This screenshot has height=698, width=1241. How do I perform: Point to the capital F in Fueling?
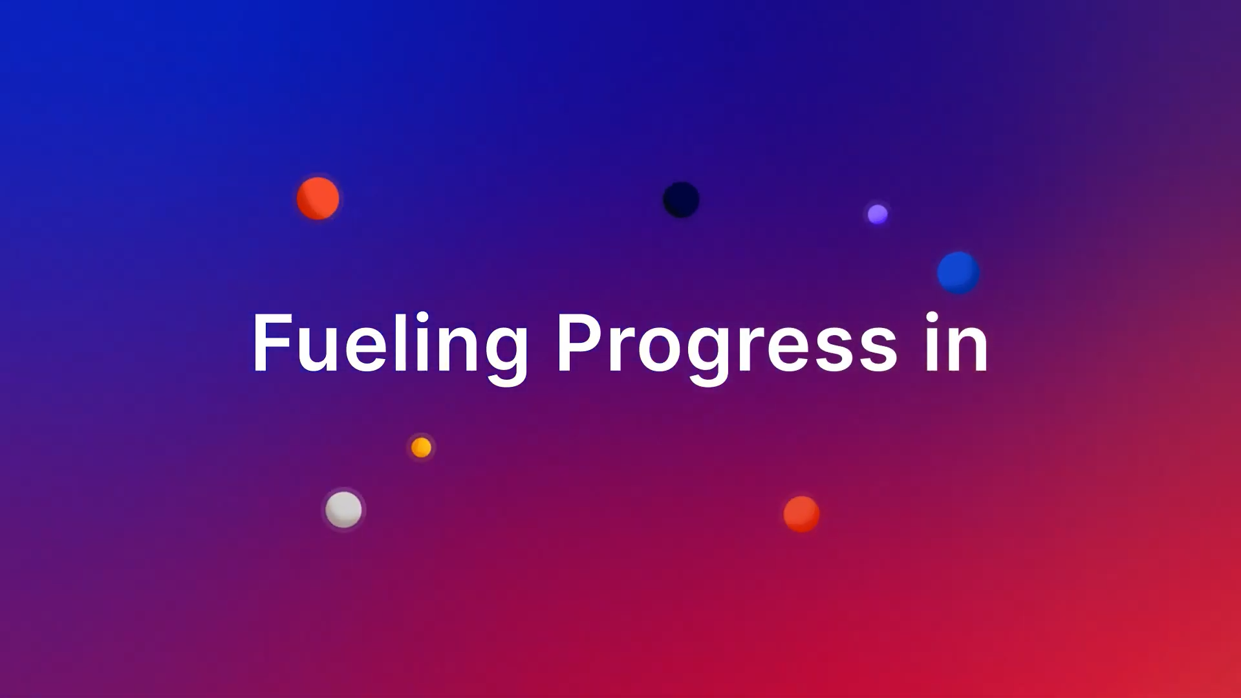click(272, 343)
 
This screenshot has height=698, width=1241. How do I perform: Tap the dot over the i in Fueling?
click(422, 317)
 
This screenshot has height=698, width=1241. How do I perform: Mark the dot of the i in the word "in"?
click(933, 317)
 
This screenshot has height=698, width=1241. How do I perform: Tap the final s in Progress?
click(876, 350)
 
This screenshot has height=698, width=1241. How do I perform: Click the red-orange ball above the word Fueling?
click(318, 199)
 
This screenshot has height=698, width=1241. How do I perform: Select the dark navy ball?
click(681, 199)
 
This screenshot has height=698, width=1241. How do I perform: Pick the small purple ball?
click(878, 214)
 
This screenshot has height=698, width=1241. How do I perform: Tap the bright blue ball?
click(958, 273)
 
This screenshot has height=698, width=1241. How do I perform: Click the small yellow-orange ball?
click(421, 447)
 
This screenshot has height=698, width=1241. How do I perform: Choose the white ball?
click(343, 509)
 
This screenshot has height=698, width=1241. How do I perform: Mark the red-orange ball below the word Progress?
click(801, 514)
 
